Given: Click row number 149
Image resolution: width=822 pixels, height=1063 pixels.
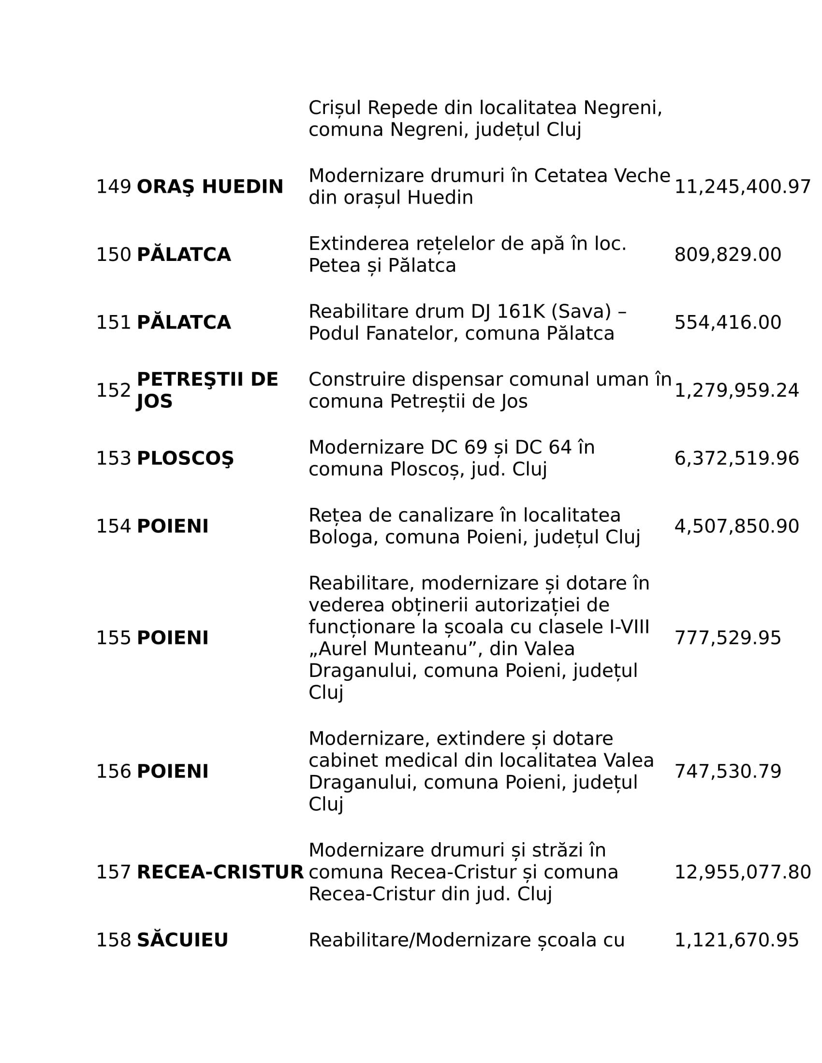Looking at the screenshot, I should pyautogui.click(x=114, y=187).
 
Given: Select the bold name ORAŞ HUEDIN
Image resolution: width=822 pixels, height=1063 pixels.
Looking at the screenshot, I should pyautogui.click(x=210, y=187).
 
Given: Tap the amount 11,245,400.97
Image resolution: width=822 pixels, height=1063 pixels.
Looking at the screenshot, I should pyautogui.click(x=742, y=187).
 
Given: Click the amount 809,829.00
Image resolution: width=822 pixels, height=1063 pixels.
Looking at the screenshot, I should pyautogui.click(x=728, y=255).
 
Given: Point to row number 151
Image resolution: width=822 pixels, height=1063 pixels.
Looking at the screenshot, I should pyautogui.click(x=114, y=323).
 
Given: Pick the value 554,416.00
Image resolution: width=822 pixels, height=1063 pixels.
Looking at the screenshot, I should pyautogui.click(x=728, y=323).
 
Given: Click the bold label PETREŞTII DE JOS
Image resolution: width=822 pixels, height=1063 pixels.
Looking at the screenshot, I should pyautogui.click(x=207, y=390).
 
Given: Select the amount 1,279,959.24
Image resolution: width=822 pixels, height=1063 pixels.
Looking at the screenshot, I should pyautogui.click(x=736, y=390).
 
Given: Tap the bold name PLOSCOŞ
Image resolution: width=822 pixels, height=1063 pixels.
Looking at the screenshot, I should pyautogui.click(x=185, y=459).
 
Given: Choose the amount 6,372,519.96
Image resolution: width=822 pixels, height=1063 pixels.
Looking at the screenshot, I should pyautogui.click(x=736, y=459).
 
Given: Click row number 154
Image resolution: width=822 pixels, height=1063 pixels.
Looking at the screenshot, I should pyautogui.click(x=114, y=527).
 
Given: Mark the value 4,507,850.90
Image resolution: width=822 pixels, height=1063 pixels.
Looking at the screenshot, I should pyautogui.click(x=736, y=527).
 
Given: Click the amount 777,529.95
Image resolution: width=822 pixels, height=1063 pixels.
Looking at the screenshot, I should pyautogui.click(x=728, y=638).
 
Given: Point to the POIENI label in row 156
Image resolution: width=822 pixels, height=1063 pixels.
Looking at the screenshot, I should pyautogui.click(x=173, y=772).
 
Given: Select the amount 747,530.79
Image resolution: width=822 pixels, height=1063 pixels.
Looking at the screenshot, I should pyautogui.click(x=728, y=772).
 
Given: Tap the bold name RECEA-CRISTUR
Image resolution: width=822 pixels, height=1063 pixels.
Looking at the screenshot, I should pyautogui.click(x=220, y=872).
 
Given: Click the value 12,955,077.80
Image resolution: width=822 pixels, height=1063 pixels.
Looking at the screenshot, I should pyautogui.click(x=742, y=872).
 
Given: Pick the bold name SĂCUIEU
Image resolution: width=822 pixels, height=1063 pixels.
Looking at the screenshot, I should pyautogui.click(x=182, y=940).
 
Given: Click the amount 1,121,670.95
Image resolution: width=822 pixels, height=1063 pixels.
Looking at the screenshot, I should pyautogui.click(x=736, y=940).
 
